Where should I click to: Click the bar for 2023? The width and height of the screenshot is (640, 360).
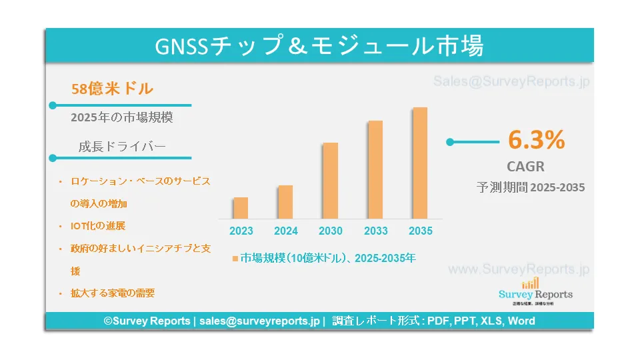click(x=241, y=208)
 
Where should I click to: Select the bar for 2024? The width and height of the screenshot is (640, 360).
click(x=285, y=202)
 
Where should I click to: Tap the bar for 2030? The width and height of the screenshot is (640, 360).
click(x=330, y=181)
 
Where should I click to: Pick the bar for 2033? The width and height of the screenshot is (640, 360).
click(x=375, y=170)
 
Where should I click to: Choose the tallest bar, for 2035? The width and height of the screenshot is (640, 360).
click(x=420, y=163)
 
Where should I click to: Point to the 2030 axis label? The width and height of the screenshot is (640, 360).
click(x=331, y=231)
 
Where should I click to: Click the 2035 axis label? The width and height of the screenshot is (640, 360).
click(x=421, y=231)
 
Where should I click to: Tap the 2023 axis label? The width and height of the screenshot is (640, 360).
click(x=241, y=231)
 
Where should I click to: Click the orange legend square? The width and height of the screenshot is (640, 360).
click(x=235, y=259)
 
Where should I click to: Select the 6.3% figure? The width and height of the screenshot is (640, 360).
click(x=536, y=139)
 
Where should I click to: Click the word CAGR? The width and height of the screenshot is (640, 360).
click(x=526, y=167)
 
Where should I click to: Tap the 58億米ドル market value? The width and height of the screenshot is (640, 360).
click(x=112, y=89)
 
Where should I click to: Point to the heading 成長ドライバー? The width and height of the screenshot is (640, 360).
click(x=122, y=146)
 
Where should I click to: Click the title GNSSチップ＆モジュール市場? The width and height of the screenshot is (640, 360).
click(x=319, y=45)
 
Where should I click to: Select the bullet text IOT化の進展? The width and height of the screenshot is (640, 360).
click(x=98, y=226)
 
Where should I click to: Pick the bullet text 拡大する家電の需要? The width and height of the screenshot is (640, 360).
click(x=113, y=293)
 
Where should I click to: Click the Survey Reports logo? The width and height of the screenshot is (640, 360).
click(x=535, y=291)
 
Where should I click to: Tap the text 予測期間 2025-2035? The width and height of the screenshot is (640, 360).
click(x=531, y=187)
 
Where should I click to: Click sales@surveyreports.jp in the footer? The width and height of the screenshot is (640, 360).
click(x=259, y=321)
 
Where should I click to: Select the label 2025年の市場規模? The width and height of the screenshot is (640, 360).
click(x=122, y=117)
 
